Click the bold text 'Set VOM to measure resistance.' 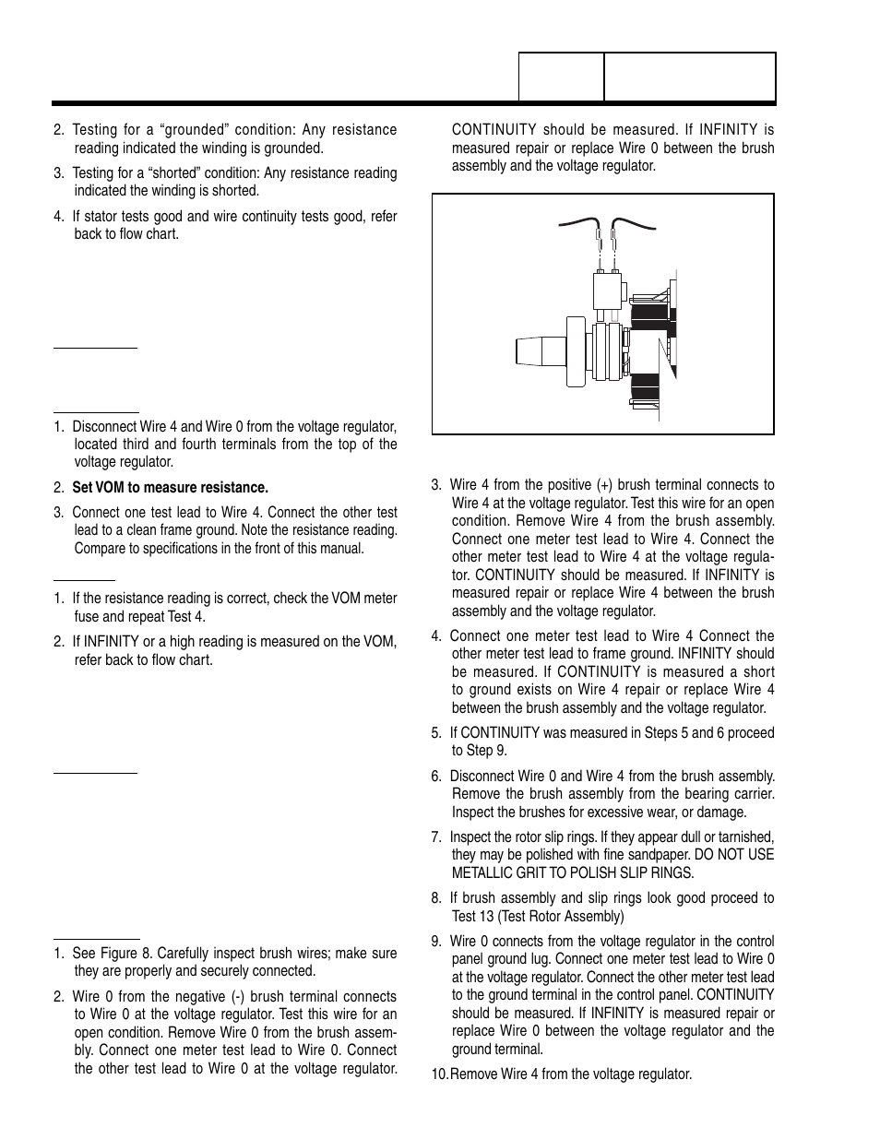(x=170, y=487)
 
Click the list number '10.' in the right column (x=440, y=1074)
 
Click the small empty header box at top (x=561, y=77)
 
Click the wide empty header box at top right (x=689, y=77)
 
